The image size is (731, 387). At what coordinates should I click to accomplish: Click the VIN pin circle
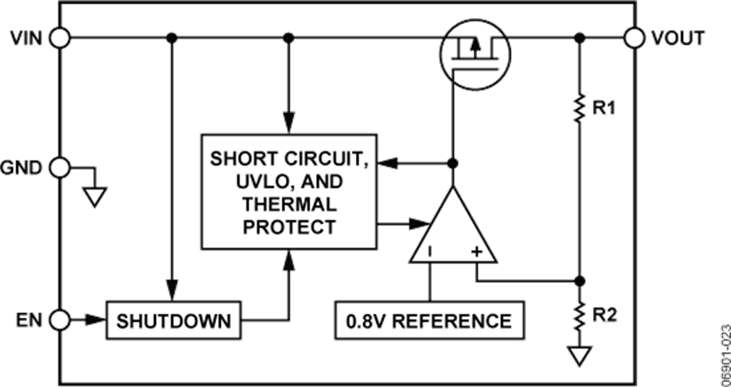pos(60,37)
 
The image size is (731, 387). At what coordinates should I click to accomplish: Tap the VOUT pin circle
pos(635,37)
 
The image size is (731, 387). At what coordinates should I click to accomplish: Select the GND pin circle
pos(60,168)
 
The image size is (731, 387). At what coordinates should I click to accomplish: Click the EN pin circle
pos(60,320)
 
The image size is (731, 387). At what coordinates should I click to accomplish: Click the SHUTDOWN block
pos(174,320)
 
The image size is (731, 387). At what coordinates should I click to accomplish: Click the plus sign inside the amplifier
pos(477,253)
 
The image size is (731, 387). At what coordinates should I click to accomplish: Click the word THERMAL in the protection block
pos(289,203)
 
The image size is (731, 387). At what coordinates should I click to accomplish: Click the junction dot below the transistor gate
pos(453,163)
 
